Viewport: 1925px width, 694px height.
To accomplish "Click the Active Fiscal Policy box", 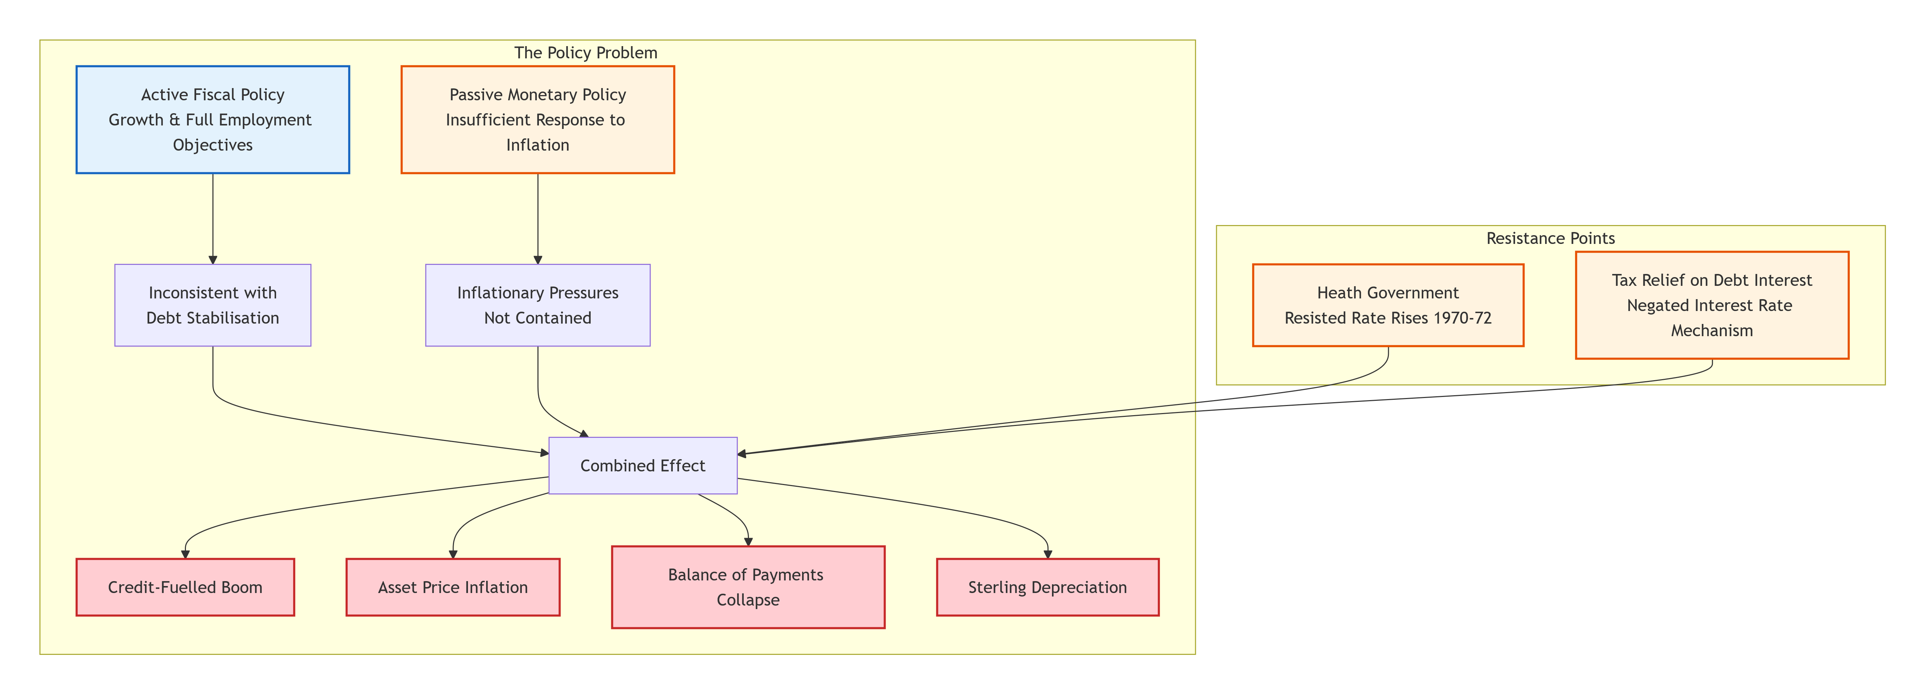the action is [213, 120].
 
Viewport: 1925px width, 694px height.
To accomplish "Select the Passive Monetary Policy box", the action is [538, 120].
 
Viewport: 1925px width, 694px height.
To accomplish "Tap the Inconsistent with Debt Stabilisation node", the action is [213, 305].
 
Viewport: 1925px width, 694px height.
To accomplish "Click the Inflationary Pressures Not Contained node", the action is [538, 305].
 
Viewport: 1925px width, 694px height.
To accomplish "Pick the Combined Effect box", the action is [643, 465].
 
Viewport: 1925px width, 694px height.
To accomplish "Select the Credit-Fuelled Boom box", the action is [185, 587].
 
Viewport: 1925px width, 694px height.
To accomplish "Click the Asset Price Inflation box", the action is [453, 587].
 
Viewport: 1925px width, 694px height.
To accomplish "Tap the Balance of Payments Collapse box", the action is [748, 587].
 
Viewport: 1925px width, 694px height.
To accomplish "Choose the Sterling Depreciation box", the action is [1048, 587].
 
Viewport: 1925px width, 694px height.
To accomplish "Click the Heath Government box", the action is [1388, 305].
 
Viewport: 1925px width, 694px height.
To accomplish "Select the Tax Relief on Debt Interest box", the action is [1712, 305].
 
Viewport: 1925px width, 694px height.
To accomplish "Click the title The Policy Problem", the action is [586, 52].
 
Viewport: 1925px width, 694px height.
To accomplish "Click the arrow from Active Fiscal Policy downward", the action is [213, 219].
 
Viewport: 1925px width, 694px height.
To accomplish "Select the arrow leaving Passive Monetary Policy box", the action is [538, 219].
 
